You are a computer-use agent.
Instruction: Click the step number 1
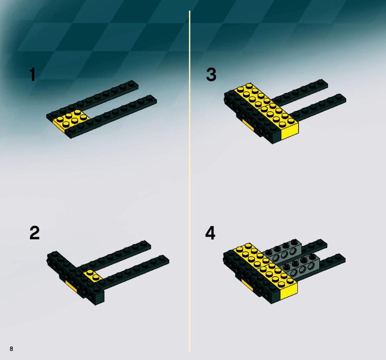click(32, 74)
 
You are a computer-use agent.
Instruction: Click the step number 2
click(35, 233)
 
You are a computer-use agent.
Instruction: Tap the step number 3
click(211, 74)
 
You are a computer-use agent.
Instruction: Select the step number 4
click(210, 233)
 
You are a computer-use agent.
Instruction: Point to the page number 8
click(11, 349)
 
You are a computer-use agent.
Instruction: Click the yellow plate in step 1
click(71, 120)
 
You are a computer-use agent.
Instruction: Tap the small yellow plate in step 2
click(93, 275)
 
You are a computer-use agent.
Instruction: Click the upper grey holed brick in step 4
click(283, 251)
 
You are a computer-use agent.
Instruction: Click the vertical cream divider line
click(190, 181)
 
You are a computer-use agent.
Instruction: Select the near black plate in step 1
click(111, 116)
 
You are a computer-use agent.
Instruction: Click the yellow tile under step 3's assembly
click(248, 125)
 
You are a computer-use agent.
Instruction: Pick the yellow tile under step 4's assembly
click(247, 285)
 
